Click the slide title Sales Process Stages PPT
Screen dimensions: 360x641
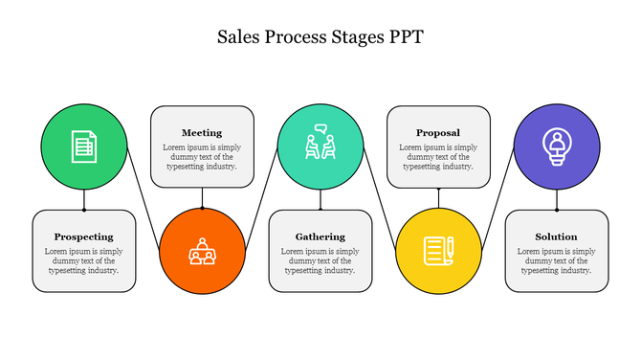click(x=320, y=37)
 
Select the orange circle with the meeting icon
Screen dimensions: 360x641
click(x=202, y=251)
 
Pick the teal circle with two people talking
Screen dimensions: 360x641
click(x=320, y=146)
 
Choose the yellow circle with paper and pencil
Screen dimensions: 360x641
click(x=438, y=251)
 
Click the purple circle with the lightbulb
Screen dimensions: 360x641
click(x=556, y=146)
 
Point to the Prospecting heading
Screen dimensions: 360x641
click(x=84, y=236)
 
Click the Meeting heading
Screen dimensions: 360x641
click(x=202, y=133)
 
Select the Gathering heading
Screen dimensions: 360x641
click(x=320, y=236)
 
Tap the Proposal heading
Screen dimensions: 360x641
click(x=438, y=133)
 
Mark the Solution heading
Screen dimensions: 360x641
click(x=556, y=236)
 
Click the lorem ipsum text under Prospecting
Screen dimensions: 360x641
click(x=84, y=260)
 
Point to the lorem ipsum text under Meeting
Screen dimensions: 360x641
click(x=202, y=157)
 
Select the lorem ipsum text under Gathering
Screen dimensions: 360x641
click(x=320, y=260)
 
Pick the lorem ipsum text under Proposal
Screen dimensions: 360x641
click(x=438, y=157)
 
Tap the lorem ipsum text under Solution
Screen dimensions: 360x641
click(x=556, y=260)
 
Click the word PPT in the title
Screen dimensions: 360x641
click(x=403, y=37)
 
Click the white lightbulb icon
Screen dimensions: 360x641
click(x=556, y=145)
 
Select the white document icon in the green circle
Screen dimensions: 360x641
click(x=84, y=146)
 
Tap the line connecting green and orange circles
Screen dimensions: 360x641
click(x=144, y=196)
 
